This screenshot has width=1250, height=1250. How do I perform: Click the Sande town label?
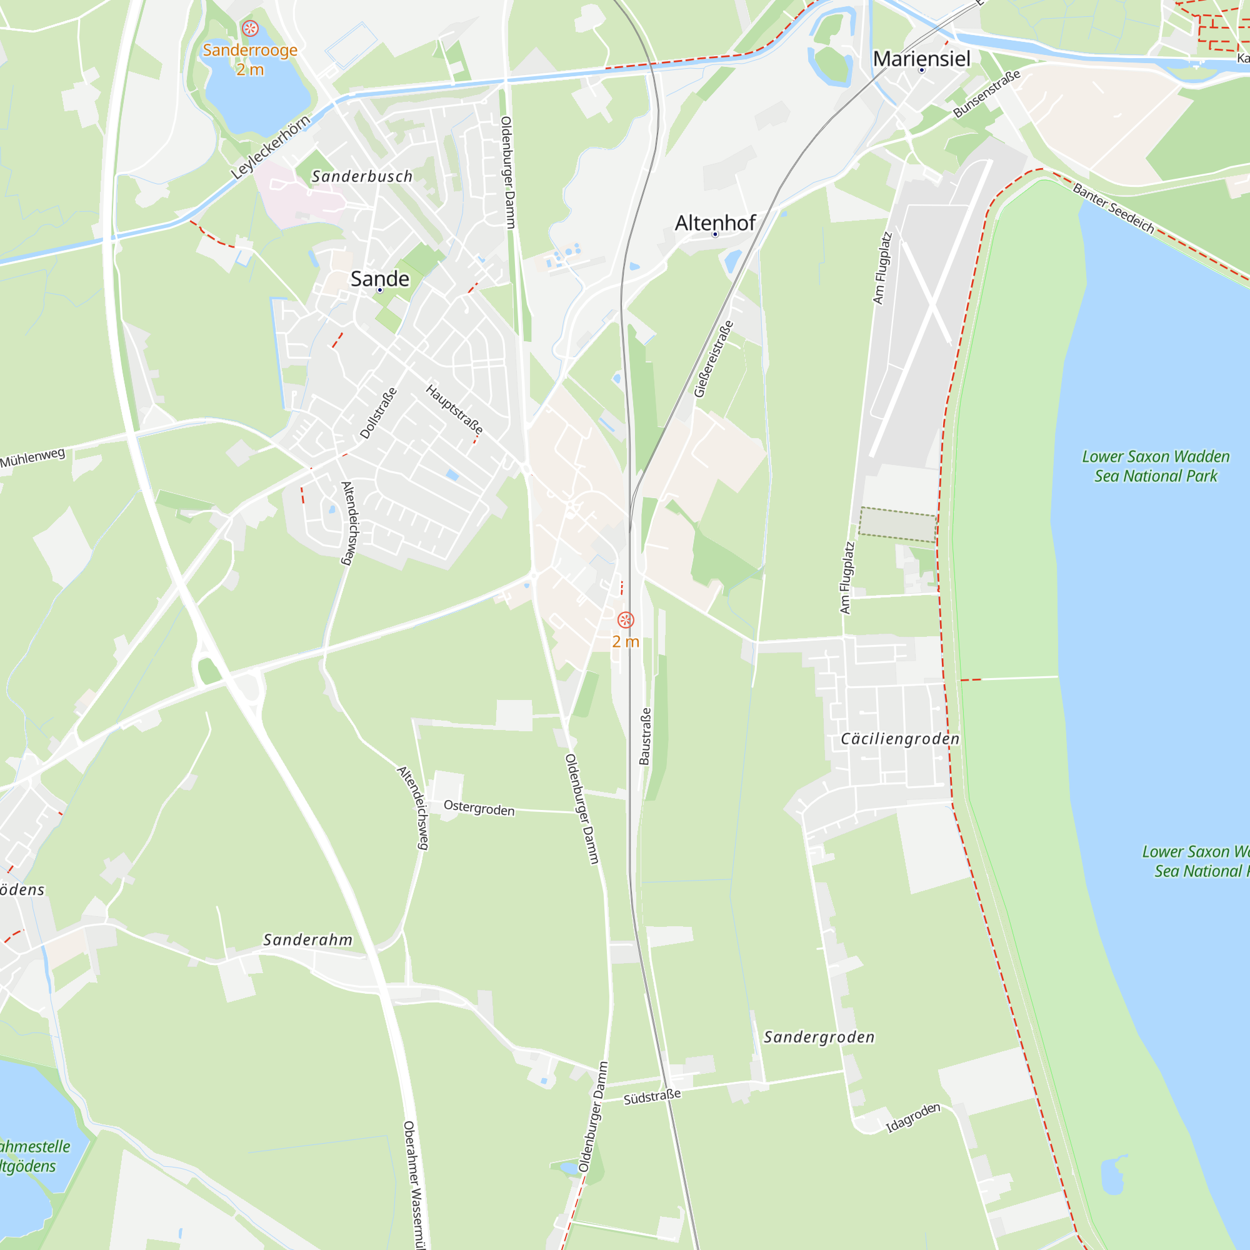380,279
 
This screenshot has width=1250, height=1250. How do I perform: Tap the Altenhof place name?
715,223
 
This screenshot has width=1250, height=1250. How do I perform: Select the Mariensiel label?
921,59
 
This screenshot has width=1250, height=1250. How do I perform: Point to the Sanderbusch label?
362,176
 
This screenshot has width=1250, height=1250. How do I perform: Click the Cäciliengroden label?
899,739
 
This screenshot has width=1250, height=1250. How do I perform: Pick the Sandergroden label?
819,1037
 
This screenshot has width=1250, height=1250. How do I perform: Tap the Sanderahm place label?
307,940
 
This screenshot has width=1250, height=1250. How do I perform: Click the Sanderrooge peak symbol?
250,29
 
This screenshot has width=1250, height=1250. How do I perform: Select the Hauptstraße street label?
454,409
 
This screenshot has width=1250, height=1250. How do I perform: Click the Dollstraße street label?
378,413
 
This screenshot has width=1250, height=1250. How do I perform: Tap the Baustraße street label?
645,736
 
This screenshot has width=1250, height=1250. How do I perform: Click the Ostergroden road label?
479,808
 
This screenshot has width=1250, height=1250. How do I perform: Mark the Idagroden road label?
912,1117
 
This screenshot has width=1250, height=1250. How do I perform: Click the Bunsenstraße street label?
986,94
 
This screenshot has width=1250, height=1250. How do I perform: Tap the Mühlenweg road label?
32,458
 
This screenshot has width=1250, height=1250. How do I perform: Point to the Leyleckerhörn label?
271,147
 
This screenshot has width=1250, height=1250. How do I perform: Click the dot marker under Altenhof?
715,234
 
